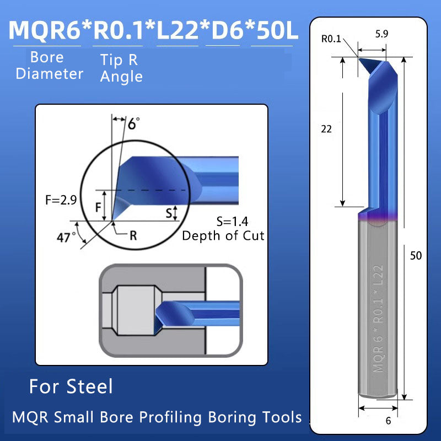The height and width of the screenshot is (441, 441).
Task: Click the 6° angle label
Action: (x=133, y=123)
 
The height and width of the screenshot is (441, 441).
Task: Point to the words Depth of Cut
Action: (x=223, y=236)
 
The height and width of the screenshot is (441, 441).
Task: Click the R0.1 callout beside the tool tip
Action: (x=331, y=39)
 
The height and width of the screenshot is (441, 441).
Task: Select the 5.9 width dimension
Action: (x=381, y=33)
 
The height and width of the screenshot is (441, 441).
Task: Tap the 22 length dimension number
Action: (x=326, y=128)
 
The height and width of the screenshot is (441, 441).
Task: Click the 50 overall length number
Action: (x=416, y=256)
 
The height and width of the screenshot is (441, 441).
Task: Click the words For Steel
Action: (x=71, y=386)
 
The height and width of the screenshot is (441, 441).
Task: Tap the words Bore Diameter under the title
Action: (x=49, y=66)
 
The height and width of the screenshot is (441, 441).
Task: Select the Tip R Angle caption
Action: (x=120, y=69)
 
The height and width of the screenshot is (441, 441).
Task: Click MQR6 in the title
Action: (x=44, y=30)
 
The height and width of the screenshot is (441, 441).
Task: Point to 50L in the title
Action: (x=275, y=30)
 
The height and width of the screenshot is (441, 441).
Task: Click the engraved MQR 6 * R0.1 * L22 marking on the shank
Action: (x=378, y=319)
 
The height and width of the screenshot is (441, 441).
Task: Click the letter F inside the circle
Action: (x=98, y=207)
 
